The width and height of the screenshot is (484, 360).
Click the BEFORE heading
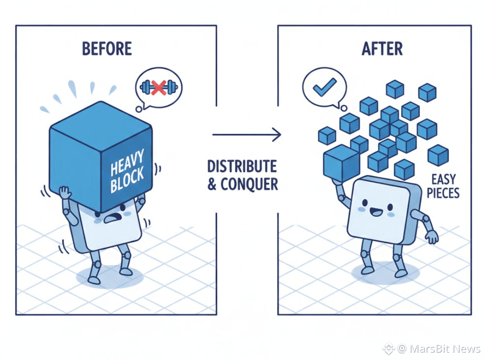tap(107, 48)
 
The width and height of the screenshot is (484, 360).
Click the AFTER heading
tap(382, 48)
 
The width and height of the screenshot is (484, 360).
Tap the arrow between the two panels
tap(246, 134)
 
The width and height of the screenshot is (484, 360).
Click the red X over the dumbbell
tap(158, 87)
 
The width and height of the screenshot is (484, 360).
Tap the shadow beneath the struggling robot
tap(110, 276)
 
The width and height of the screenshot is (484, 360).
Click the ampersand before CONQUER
tap(213, 185)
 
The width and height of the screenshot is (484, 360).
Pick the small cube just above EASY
tap(438, 155)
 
